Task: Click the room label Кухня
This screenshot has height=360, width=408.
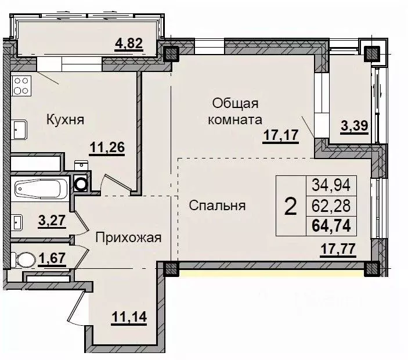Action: tap(66, 120)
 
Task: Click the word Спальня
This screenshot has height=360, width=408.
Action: tap(217, 205)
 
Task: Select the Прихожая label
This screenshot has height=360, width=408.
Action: tap(128, 237)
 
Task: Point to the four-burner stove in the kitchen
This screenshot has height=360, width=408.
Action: tap(21, 86)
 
